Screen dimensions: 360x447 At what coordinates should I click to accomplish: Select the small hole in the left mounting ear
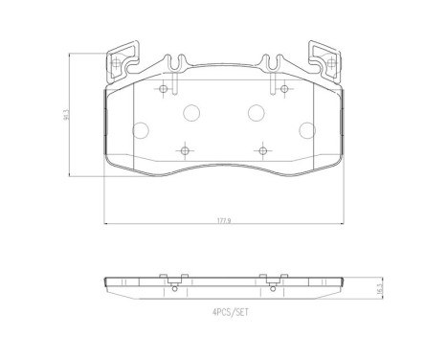tap(117, 66)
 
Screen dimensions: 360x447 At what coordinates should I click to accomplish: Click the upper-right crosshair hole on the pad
tap(284, 89)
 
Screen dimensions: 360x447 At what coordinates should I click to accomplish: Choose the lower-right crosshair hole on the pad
tap(260, 150)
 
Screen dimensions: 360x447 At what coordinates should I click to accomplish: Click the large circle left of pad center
tap(190, 112)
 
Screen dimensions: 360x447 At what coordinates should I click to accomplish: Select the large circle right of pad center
tap(257, 112)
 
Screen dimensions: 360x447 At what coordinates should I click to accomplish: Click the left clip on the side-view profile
tap(174, 281)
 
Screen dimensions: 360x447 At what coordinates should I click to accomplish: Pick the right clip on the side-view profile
tap(272, 281)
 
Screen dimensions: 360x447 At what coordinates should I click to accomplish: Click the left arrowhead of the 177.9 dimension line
tap(105, 224)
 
